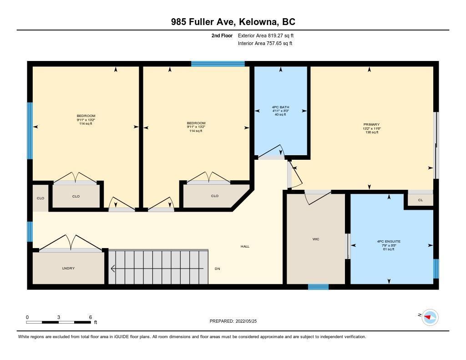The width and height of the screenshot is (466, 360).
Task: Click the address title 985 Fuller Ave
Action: click(x=203, y=22)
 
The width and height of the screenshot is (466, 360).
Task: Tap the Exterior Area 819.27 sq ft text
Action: click(x=266, y=35)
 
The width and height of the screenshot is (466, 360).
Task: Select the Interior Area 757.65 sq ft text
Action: click(x=265, y=43)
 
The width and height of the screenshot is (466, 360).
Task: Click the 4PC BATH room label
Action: click(x=280, y=107)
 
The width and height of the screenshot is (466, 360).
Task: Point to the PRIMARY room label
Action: click(x=371, y=125)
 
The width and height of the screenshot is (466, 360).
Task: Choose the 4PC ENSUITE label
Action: click(x=389, y=242)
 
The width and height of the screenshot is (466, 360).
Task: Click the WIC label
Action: click(x=316, y=239)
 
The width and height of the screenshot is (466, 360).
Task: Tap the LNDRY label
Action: click(x=68, y=269)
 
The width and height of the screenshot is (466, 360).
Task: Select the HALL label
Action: click(x=245, y=246)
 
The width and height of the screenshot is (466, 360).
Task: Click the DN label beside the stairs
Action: click(x=217, y=269)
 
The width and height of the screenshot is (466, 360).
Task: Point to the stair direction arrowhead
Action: click(x=113, y=269)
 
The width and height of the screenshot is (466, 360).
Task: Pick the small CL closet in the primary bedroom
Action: click(x=420, y=200)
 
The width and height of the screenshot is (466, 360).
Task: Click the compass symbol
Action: click(x=430, y=318)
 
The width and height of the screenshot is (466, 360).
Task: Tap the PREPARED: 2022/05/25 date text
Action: click(x=233, y=321)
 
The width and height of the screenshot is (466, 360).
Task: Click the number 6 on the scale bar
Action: click(x=91, y=317)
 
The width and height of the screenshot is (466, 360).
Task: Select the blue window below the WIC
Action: click(x=318, y=287)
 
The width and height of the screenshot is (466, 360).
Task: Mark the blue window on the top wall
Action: click(x=218, y=64)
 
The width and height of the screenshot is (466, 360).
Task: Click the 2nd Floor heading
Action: click(x=222, y=35)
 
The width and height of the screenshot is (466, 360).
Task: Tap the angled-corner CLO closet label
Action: click(x=215, y=196)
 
